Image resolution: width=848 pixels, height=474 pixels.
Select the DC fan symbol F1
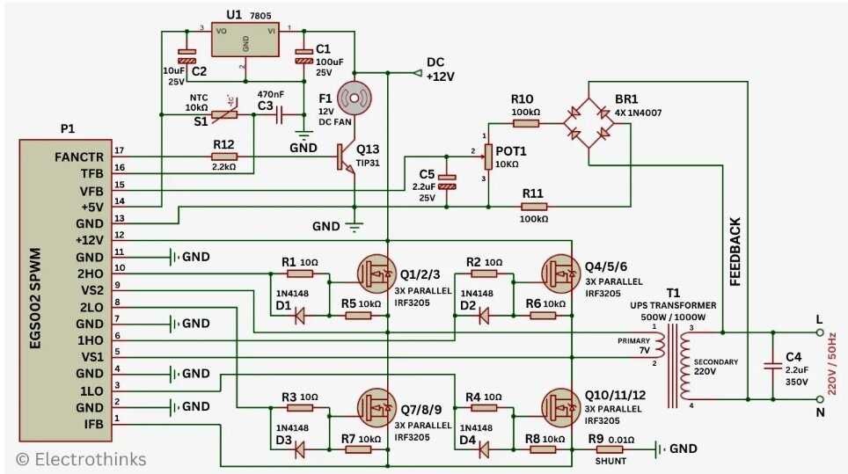[355, 99]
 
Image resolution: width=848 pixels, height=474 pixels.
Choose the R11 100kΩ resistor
[533, 207]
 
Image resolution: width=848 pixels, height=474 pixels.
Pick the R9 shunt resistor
[608, 449]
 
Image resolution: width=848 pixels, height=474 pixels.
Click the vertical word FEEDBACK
[735, 252]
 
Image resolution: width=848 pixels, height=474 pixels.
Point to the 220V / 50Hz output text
[836, 366]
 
